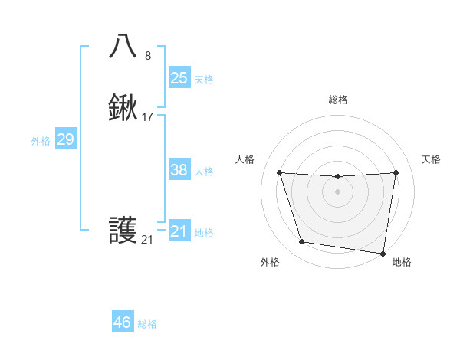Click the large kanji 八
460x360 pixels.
pos(123,47)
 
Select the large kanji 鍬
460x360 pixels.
pos(123,108)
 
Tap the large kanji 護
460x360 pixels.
pos(123,231)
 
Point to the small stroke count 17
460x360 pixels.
pos(148,117)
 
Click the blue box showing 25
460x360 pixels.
pos(179,78)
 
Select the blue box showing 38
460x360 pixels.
pos(179,170)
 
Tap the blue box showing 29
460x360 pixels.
pos(65,139)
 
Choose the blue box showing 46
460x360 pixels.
pos(122,322)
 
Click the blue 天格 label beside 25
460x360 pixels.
pos(204,80)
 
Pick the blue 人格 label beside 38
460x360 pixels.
pos(204,172)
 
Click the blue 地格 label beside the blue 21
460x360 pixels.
pos(204,233)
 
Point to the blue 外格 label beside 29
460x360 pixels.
pos(41,141)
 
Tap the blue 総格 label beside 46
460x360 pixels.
pos(147,324)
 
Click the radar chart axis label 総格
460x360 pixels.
pos(337,100)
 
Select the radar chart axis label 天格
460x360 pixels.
pos(432,159)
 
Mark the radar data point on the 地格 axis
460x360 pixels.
pos(383,253)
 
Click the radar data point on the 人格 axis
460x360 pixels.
pos(279,172)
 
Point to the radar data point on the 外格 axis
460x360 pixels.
pos(302,242)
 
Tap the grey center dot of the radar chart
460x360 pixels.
pos(337,191)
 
